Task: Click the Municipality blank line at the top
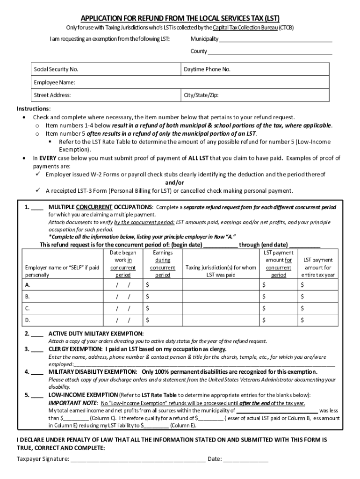(276, 39)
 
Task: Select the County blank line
(270, 52)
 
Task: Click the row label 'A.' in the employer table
(28, 284)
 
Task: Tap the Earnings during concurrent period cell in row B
(163, 297)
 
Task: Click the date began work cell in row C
(123, 309)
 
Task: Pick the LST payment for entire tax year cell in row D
(318, 321)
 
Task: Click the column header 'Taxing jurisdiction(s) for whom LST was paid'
(221, 271)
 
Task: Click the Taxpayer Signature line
(137, 460)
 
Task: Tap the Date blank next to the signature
(245, 460)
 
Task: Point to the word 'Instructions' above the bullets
(30, 109)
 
